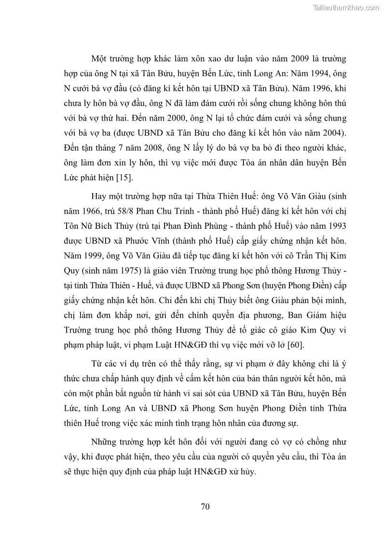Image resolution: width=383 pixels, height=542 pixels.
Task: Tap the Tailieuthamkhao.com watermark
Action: coord(346,7)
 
